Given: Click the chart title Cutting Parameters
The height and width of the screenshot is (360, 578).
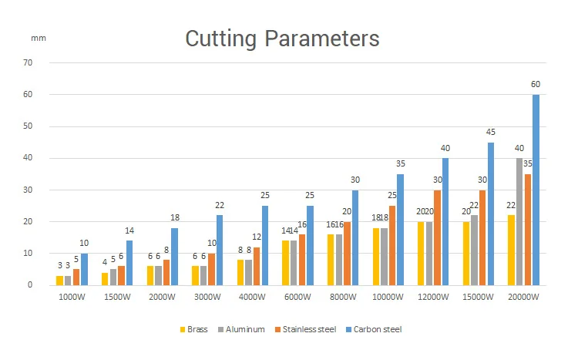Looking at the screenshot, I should [x=282, y=39].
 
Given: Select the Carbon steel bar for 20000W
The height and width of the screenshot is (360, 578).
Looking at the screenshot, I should [x=536, y=190].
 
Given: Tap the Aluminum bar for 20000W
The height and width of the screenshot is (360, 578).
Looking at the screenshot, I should [x=519, y=221].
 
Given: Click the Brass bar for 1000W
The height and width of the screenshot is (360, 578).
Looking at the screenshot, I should [x=59, y=281].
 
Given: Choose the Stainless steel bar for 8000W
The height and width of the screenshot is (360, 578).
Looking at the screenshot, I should [x=347, y=253].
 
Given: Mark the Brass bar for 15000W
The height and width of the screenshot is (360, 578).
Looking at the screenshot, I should [x=465, y=253].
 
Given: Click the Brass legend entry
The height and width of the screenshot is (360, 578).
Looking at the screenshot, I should [x=197, y=329].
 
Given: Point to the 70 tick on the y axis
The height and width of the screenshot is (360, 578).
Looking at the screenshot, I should [x=29, y=62].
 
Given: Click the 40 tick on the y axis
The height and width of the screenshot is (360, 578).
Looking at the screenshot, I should [x=29, y=158].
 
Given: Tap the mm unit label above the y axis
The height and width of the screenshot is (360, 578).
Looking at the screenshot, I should [x=39, y=37].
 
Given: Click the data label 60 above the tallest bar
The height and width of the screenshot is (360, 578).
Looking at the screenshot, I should [x=536, y=83].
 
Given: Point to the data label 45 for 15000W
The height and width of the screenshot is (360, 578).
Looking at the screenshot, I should [x=490, y=131].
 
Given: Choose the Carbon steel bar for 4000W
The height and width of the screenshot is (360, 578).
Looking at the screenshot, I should [x=265, y=245].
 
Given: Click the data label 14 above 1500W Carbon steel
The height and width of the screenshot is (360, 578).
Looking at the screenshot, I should [x=129, y=230].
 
